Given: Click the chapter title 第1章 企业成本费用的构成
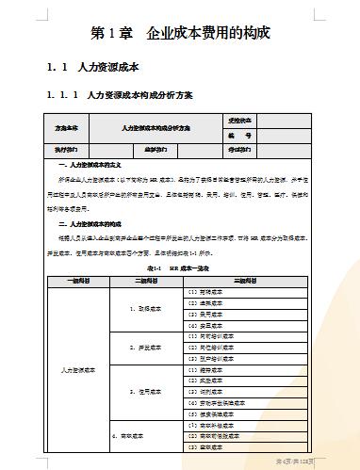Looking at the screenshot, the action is point(181,33).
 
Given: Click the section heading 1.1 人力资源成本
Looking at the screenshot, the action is point(92,68).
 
